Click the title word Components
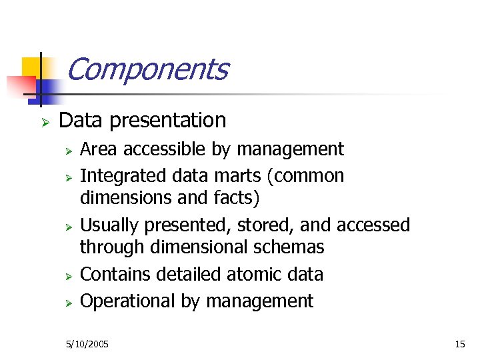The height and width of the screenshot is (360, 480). (x=147, y=69)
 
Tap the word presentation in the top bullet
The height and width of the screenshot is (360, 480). (x=168, y=121)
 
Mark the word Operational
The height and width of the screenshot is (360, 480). (x=128, y=301)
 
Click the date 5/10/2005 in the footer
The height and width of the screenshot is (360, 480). (x=87, y=344)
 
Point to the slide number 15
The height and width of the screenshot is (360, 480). (x=459, y=344)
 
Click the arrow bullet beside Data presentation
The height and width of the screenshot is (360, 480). (x=45, y=122)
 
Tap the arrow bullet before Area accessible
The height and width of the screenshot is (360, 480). (x=67, y=150)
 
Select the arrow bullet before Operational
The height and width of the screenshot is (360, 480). (x=67, y=303)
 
